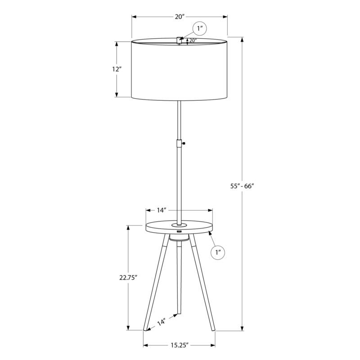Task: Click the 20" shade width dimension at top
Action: [180, 17]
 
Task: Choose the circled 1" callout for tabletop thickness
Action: [219, 252]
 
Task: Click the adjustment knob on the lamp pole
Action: [184, 143]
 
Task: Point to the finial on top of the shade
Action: [179, 40]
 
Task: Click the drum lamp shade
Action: [180, 70]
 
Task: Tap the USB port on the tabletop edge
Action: [179, 231]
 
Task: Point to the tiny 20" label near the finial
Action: [193, 40]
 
